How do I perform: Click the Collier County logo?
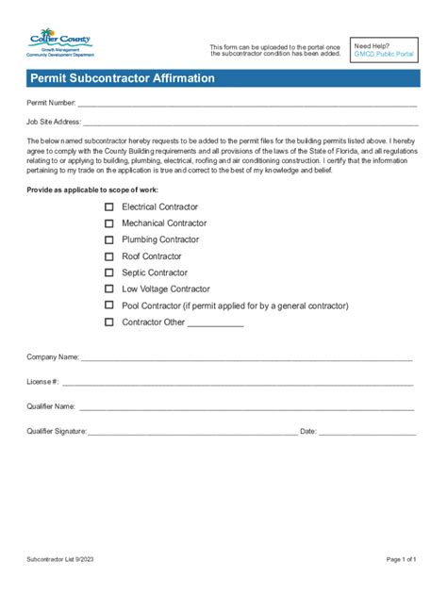click(60, 43)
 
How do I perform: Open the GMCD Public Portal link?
click(383, 55)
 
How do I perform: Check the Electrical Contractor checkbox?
click(108, 206)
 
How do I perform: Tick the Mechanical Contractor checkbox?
click(108, 223)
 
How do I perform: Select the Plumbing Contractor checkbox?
click(108, 239)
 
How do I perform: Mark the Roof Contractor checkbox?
click(108, 256)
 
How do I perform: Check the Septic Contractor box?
click(108, 272)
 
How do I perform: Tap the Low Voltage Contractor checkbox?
click(108, 289)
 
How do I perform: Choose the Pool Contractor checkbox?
click(108, 305)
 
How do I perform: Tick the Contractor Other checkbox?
click(108, 322)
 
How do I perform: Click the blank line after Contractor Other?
click(216, 323)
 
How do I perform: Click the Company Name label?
click(53, 358)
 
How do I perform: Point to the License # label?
click(43, 382)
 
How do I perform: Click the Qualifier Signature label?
click(57, 431)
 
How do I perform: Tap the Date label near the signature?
click(307, 431)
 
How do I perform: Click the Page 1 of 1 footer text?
click(401, 559)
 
